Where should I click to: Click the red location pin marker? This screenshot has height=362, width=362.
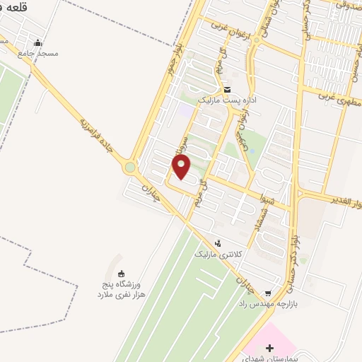[182, 167]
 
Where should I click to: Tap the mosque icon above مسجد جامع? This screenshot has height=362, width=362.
[37, 42]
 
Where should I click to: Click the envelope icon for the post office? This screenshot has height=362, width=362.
[227, 90]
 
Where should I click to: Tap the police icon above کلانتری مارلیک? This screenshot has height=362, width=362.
[217, 242]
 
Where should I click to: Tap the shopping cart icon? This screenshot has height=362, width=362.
[267, 293]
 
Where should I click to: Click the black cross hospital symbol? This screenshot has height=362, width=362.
[269, 327]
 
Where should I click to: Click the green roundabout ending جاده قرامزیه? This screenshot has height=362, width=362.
[129, 168]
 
